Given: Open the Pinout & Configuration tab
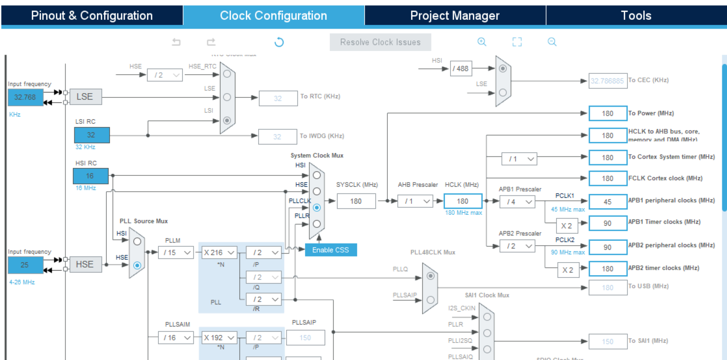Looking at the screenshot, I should click(x=92, y=16).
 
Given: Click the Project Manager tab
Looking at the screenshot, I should click(x=455, y=16).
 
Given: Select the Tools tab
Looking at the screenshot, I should click(x=636, y=16).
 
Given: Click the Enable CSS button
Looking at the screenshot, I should click(x=331, y=250).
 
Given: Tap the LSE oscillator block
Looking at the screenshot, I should click(x=85, y=97).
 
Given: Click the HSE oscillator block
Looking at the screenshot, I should click(x=85, y=264).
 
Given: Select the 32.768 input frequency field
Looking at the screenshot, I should click(x=25, y=97).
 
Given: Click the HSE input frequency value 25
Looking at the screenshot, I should click(x=25, y=265).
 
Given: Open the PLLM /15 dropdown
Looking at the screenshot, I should click(x=176, y=253).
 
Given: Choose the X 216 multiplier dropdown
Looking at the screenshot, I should click(x=220, y=253).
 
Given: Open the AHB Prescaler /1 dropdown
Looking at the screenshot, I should click(x=415, y=201).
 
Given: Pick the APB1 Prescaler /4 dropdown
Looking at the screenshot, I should click(x=517, y=201).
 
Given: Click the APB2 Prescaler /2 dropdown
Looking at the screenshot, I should click(x=517, y=247).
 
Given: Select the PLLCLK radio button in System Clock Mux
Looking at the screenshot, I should click(x=316, y=207).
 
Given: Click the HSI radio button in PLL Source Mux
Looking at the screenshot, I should click(x=137, y=241).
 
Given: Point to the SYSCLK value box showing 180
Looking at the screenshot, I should click(x=356, y=201).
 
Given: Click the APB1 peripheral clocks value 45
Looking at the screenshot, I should click(x=608, y=201).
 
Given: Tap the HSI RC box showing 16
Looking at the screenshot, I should click(x=91, y=176).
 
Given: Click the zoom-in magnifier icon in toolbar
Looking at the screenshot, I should click(x=482, y=42).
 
